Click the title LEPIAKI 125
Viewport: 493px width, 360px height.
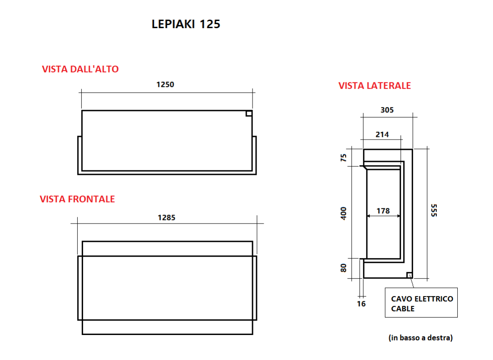pyautogui.click(x=186, y=24)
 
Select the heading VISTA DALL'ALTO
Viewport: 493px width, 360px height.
pyautogui.click(x=80, y=69)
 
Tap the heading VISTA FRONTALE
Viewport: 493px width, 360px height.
pyautogui.click(x=77, y=199)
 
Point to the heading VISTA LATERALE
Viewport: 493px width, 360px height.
pyautogui.click(x=375, y=86)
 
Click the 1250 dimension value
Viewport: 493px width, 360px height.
pyautogui.click(x=165, y=85)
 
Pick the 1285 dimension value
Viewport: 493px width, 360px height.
pyautogui.click(x=166, y=218)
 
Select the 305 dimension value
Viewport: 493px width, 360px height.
pyautogui.click(x=387, y=110)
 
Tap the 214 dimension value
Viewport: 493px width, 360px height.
pyautogui.click(x=382, y=134)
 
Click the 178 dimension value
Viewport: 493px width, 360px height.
pyautogui.click(x=383, y=211)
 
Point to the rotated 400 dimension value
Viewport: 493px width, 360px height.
pyautogui.click(x=344, y=213)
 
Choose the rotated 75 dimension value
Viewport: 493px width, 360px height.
pyautogui.click(x=344, y=157)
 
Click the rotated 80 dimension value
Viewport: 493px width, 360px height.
pyautogui.click(x=344, y=268)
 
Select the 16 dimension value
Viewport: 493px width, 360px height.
pyautogui.click(x=362, y=304)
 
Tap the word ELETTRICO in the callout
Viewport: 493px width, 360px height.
pyautogui.click(x=432, y=299)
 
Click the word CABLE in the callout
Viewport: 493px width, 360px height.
pyautogui.click(x=403, y=309)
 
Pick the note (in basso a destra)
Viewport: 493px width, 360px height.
pyautogui.click(x=421, y=338)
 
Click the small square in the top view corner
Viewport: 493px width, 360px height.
pyautogui.click(x=249, y=113)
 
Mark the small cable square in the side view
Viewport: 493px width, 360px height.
pyautogui.click(x=409, y=275)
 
